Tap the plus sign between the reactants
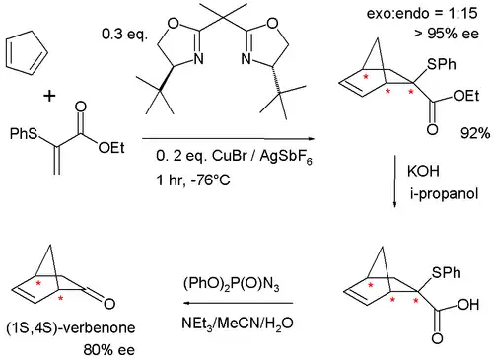(49, 96)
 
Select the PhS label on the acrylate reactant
(24, 133)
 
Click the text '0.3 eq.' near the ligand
(125, 35)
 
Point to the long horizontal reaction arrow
(228, 139)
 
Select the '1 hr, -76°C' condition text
(193, 180)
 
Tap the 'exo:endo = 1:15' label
(422, 14)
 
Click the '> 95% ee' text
(447, 34)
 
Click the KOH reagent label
(423, 171)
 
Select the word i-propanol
(444, 194)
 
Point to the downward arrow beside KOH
(395, 181)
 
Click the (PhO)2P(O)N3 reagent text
(232, 285)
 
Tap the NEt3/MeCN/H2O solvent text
(237, 324)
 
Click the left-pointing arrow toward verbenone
(238, 303)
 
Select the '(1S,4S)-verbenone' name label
(71, 328)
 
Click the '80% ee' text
(108, 350)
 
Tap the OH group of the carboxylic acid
(468, 305)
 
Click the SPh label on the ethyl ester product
(442, 64)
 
